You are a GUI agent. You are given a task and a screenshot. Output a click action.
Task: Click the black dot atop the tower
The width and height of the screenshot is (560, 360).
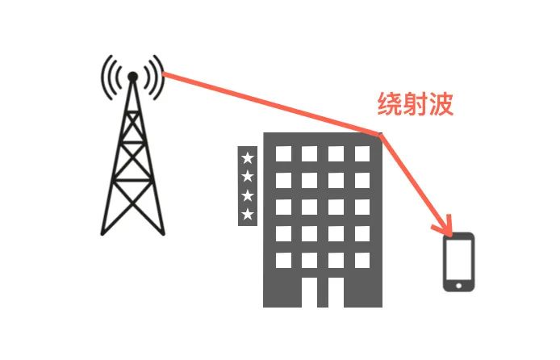coord(133,77)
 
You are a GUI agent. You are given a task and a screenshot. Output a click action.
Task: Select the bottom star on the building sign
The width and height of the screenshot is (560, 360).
coord(248,214)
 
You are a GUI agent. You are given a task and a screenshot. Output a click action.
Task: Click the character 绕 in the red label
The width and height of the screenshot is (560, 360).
coord(391,104)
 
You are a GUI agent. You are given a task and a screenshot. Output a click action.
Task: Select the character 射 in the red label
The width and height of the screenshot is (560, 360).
coord(416,104)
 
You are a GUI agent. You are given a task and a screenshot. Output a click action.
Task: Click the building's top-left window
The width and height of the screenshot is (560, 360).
coord(283,153)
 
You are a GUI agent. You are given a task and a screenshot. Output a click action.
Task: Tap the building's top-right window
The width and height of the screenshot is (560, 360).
coord(361,153)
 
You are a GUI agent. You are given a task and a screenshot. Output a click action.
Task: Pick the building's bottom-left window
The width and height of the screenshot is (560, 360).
coord(283,260)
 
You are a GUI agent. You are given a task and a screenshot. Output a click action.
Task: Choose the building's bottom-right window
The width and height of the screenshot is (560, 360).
coord(361,260)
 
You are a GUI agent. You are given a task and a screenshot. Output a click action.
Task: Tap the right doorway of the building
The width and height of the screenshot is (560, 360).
coord(336,292)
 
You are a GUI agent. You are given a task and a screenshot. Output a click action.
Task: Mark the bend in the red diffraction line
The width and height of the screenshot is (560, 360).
coord(381,134)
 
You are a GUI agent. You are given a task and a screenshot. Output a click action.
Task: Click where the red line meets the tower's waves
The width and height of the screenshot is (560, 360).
coord(165,74)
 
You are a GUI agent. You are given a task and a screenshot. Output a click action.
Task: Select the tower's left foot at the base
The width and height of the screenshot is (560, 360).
coord(102,232)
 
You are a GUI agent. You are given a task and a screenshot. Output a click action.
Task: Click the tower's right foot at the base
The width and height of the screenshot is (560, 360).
coord(164,232)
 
